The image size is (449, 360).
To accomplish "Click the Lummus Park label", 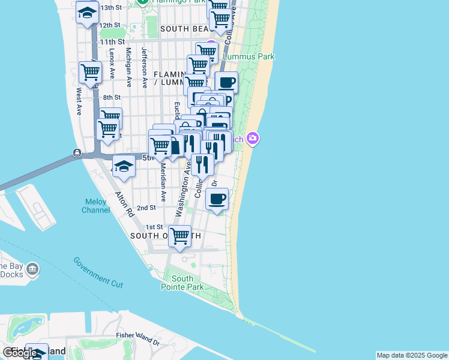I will (x=249, y=56).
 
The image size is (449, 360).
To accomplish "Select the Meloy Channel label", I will (x=96, y=206).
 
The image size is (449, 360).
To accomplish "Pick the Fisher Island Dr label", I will (x=139, y=340).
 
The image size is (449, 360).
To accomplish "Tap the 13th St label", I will (x=111, y=8).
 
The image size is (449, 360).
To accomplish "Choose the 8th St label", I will (x=112, y=97).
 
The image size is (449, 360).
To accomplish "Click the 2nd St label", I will (x=146, y=208).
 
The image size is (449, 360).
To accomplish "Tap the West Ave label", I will (x=79, y=101).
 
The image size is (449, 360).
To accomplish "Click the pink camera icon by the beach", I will (x=253, y=139).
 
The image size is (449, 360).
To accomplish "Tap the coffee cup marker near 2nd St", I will (x=217, y=199).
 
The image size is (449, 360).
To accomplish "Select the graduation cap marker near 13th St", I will (x=88, y=12).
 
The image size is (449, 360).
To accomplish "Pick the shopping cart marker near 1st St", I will (x=179, y=236).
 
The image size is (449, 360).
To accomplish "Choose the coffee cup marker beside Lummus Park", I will (x=226, y=83).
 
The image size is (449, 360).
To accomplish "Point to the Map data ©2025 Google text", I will (x=411, y=355).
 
